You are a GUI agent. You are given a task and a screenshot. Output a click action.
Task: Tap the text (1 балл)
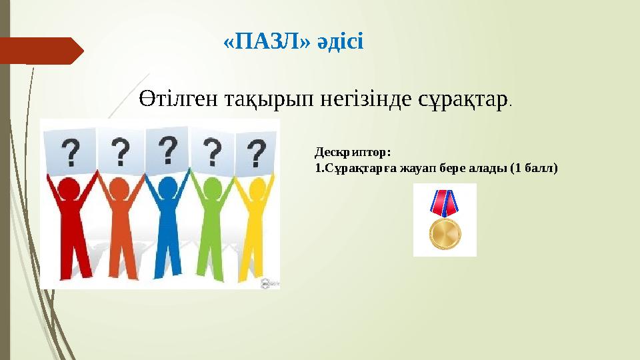click(533, 168)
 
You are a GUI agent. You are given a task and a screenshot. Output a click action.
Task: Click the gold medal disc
click(445, 233)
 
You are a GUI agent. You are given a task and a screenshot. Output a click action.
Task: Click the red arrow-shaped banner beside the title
click(41, 50)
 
